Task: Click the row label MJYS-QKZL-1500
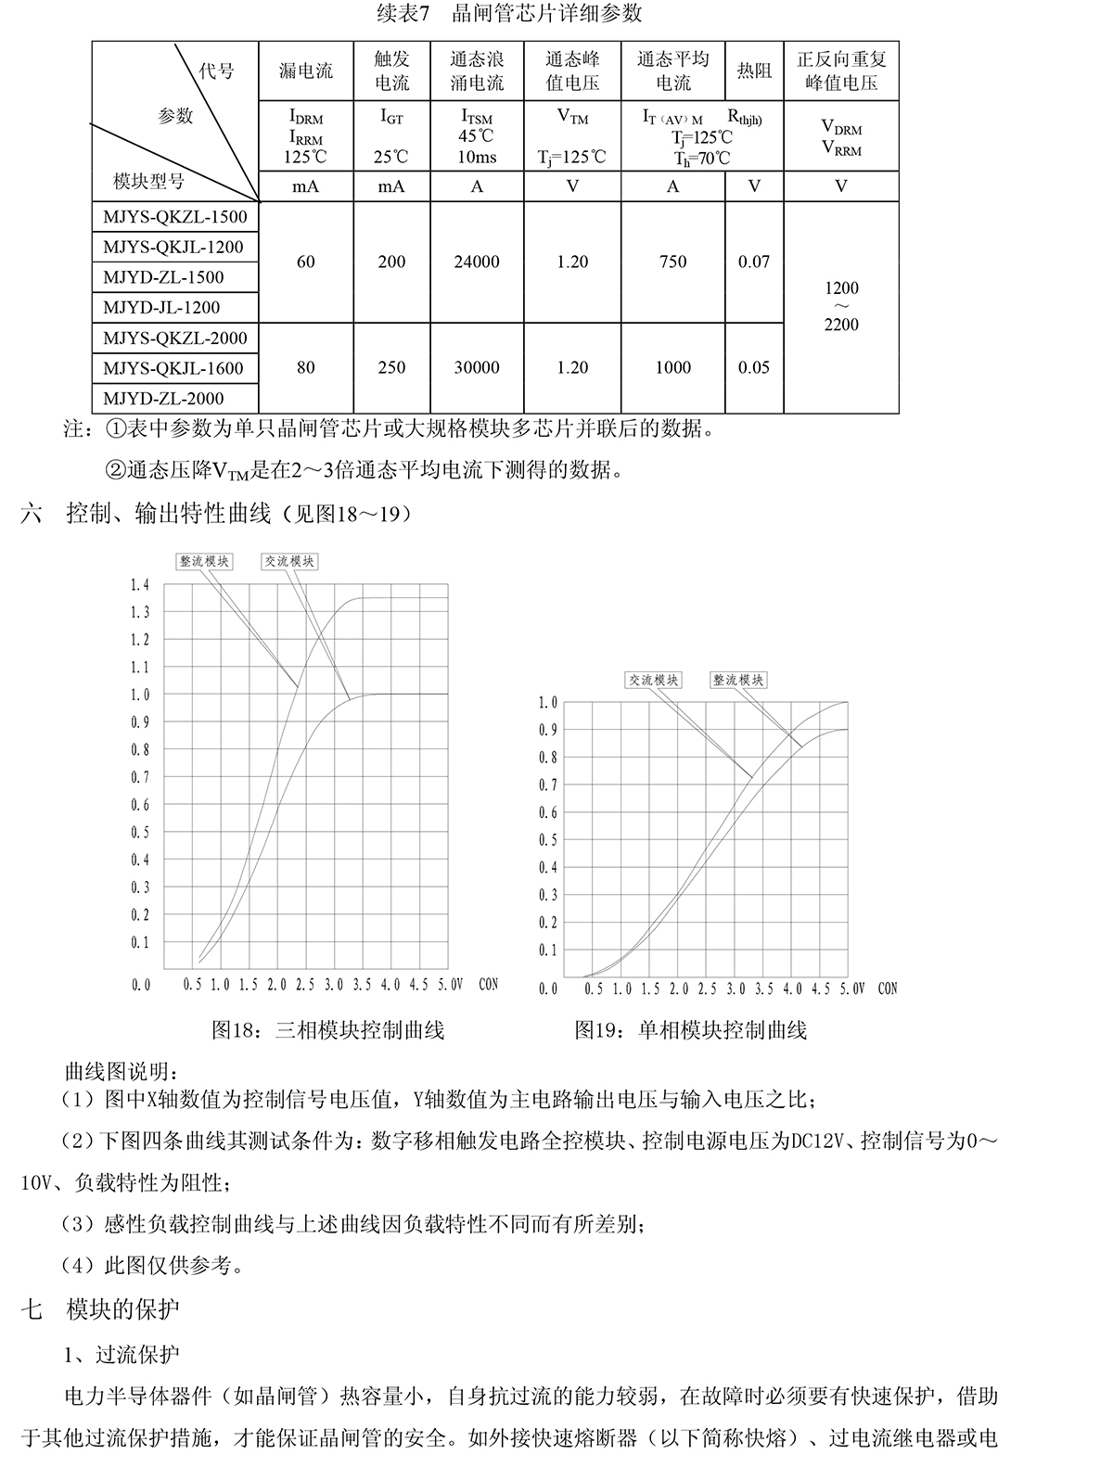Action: tap(175, 217)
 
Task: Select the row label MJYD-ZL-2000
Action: tap(163, 399)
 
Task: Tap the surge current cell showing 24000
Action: tap(477, 262)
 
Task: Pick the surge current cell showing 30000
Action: tap(477, 368)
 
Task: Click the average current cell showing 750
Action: tap(672, 262)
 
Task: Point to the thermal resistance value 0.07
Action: tap(754, 262)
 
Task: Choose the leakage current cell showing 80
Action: tap(306, 368)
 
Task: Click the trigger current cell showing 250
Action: tap(391, 368)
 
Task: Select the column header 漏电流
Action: tap(306, 71)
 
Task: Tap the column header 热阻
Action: tap(754, 71)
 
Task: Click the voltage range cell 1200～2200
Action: tap(841, 306)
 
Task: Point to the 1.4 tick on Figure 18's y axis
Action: tap(140, 585)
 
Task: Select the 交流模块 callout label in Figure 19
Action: tap(654, 680)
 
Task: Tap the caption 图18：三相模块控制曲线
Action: tap(327, 1029)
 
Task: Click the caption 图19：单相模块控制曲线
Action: tap(690, 1029)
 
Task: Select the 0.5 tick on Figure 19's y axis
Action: tap(549, 840)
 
